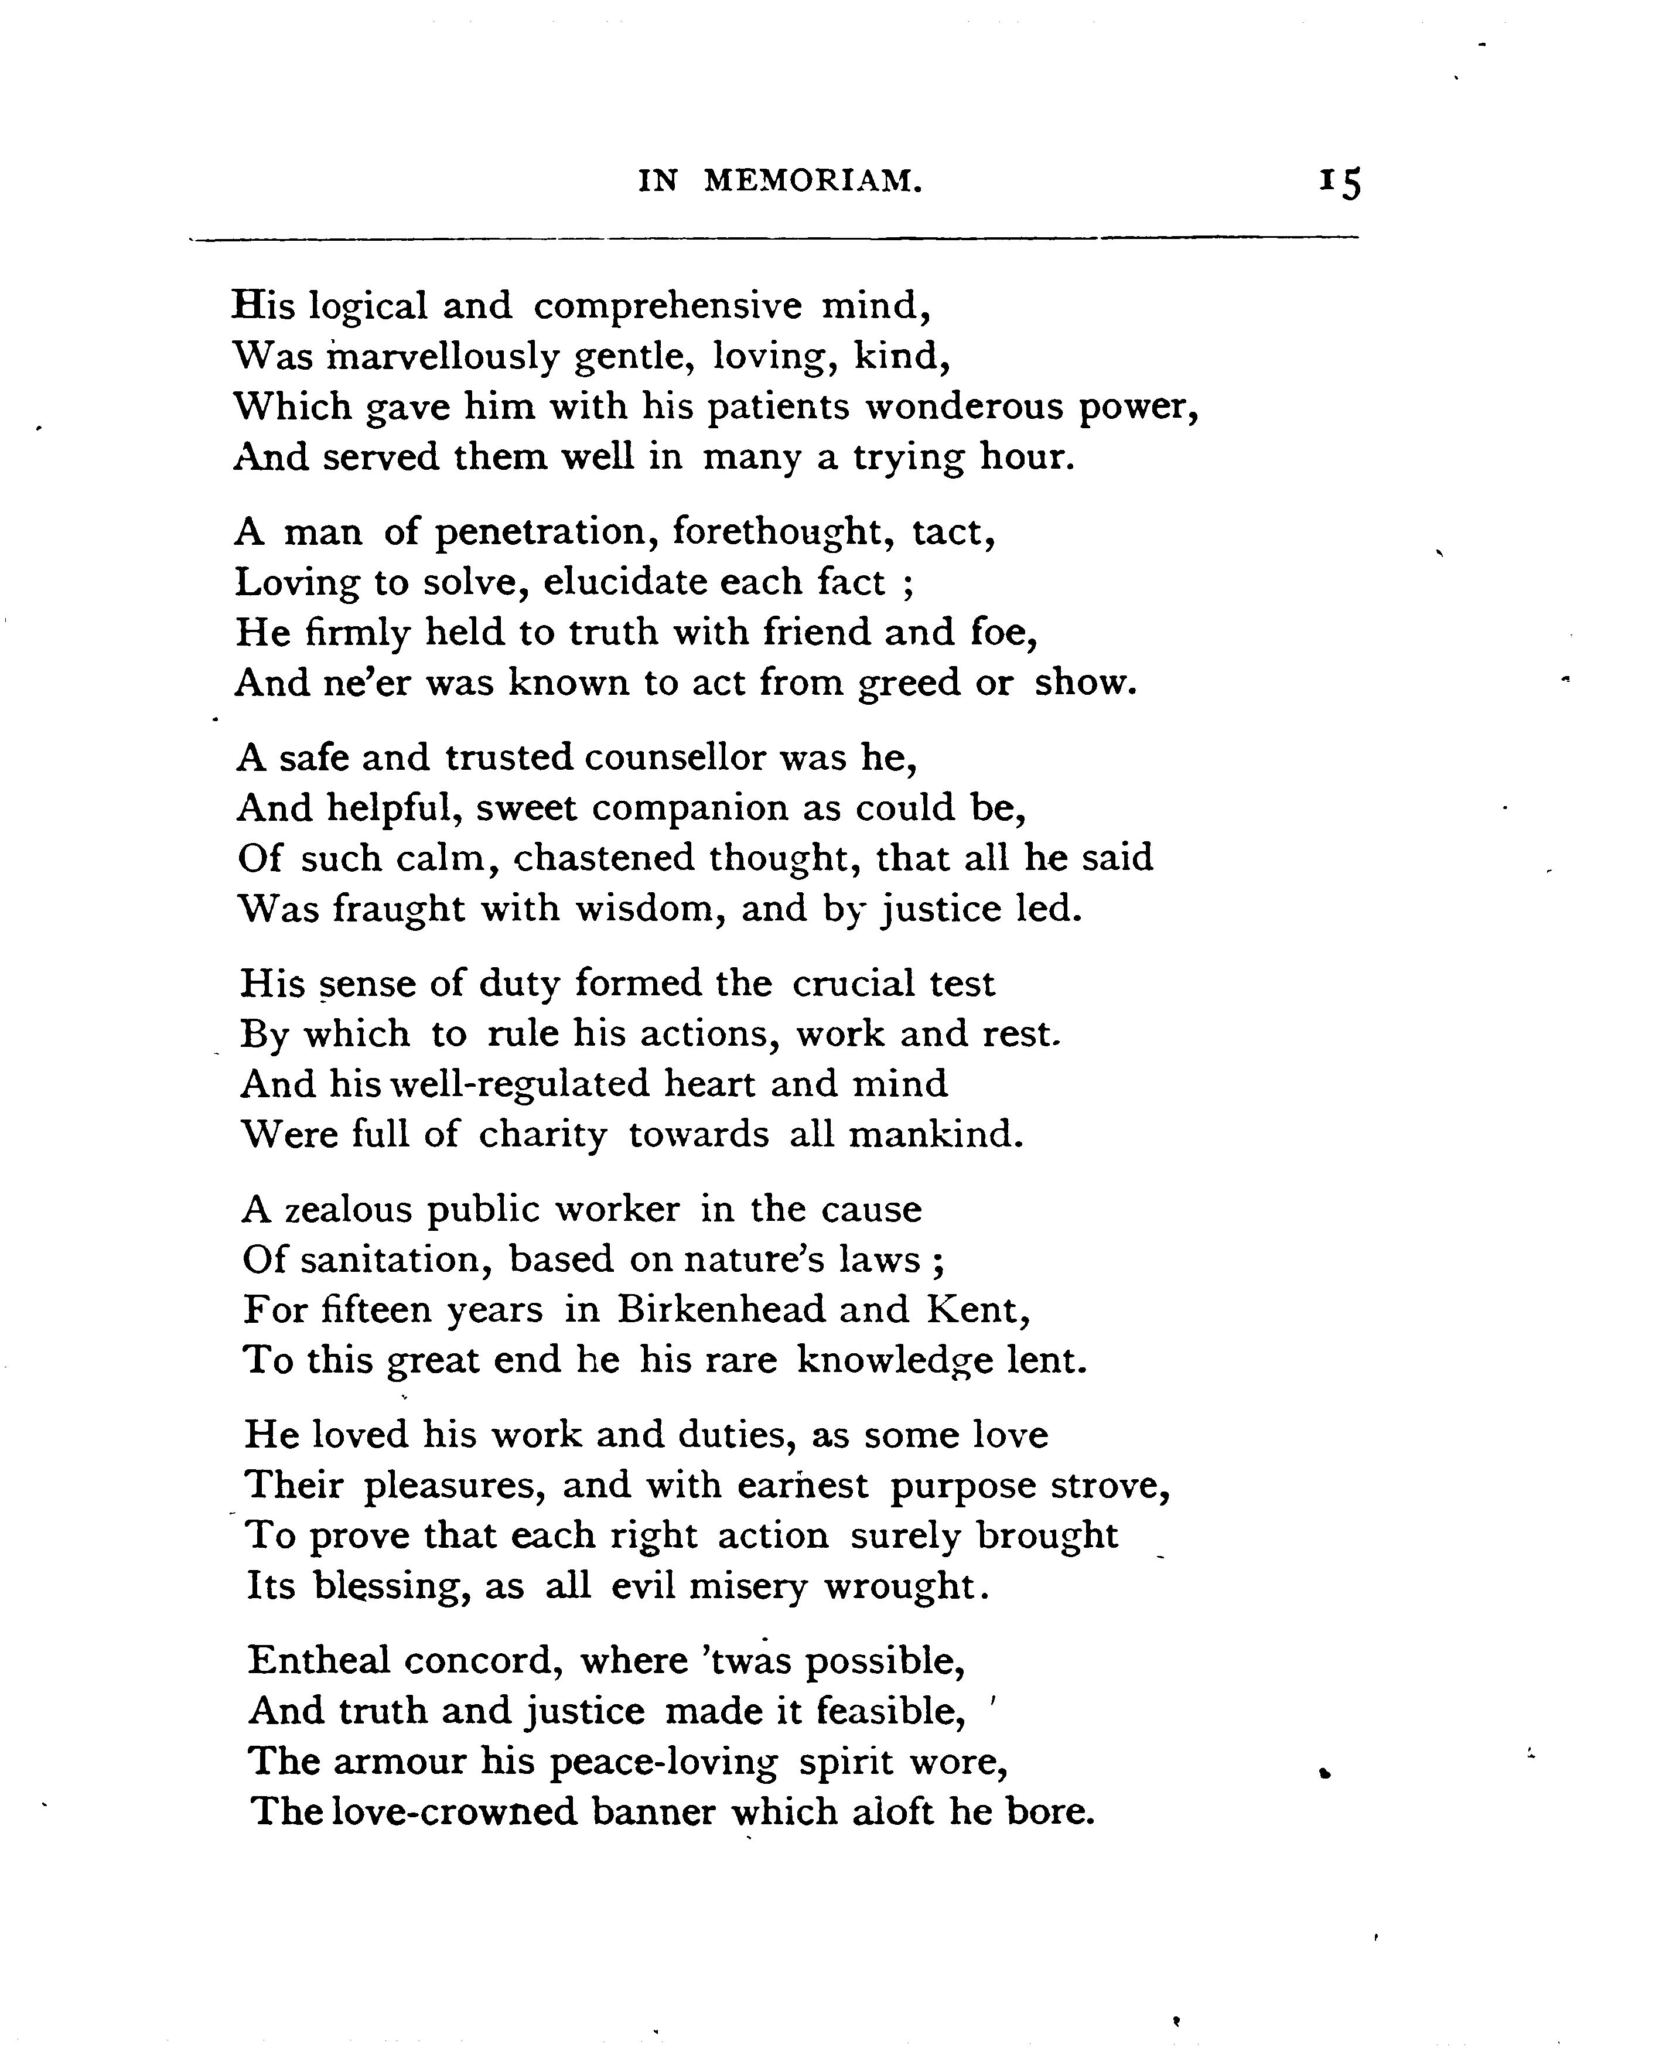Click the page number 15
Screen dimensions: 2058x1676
1340,182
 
